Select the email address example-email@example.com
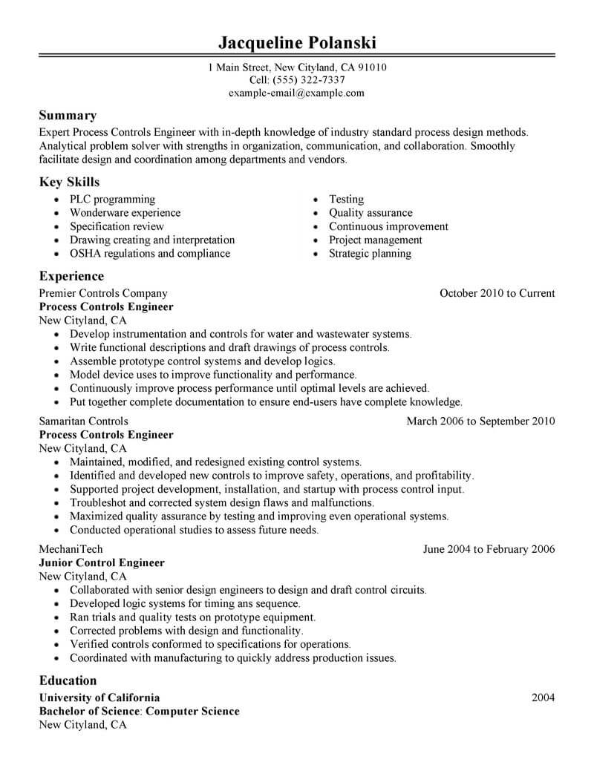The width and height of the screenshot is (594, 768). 296,93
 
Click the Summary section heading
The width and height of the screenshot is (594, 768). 68,116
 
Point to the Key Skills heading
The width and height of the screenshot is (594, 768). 69,182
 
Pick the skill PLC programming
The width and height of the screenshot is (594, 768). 112,200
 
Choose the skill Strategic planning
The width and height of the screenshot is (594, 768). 370,253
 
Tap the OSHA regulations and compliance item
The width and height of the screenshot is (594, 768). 150,253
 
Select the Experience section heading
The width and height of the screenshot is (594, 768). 71,276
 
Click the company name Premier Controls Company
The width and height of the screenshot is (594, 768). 103,293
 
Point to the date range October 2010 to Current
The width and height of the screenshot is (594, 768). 497,293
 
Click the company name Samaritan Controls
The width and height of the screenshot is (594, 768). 83,421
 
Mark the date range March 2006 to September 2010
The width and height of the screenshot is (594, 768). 480,421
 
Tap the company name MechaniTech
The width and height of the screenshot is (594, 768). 71,549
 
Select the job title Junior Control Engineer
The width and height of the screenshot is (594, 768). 101,562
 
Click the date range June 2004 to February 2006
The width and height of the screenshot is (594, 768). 489,549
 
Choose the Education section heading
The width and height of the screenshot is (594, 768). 68,680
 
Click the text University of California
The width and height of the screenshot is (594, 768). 99,698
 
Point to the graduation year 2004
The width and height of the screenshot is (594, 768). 544,698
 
